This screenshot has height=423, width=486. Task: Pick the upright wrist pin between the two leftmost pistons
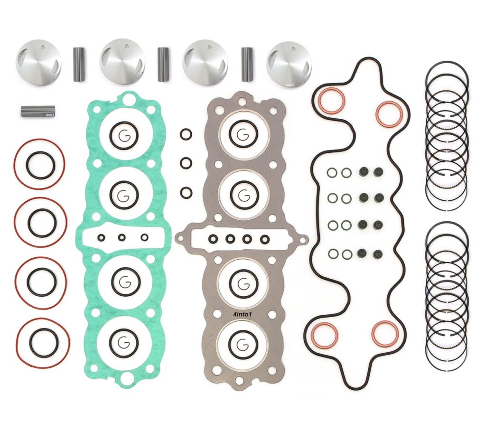tap(79, 64)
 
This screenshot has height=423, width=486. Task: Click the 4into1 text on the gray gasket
tap(242, 314)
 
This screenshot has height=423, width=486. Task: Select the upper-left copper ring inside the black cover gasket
tap(331, 101)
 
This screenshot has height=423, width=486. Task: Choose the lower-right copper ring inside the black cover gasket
tap(384, 334)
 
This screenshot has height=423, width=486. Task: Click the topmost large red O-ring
tap(39, 164)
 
